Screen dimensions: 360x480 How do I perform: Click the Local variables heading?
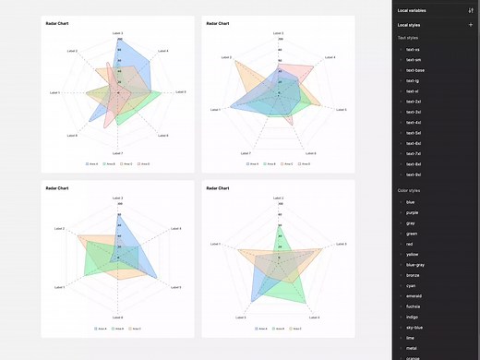pyautogui.click(x=413, y=9)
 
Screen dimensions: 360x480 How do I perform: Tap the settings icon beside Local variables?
pyautogui.click(x=471, y=9)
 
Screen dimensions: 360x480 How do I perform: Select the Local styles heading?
pyautogui.click(x=410, y=24)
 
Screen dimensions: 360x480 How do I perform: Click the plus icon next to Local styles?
pyautogui.click(x=471, y=24)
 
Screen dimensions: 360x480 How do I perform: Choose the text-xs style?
pyautogui.click(x=413, y=49)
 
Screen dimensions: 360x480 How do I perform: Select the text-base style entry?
pyautogui.click(x=414, y=70)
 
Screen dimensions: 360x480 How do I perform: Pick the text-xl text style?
pyautogui.click(x=412, y=91)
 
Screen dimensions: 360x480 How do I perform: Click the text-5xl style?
pyautogui.click(x=414, y=133)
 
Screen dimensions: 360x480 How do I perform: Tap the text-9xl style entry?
pyautogui.click(x=414, y=174)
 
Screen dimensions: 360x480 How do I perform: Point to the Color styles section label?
pyautogui.click(x=409, y=190)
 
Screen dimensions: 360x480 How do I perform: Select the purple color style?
pyautogui.click(x=412, y=212)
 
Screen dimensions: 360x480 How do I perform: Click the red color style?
pyautogui.click(x=410, y=244)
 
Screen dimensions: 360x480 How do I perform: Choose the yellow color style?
pyautogui.click(x=412, y=254)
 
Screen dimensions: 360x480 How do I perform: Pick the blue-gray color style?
pyautogui.click(x=414, y=265)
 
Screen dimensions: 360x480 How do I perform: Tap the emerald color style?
pyautogui.click(x=414, y=295)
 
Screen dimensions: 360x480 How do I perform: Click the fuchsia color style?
pyautogui.click(x=413, y=306)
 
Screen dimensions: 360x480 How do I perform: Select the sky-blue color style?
pyautogui.click(x=414, y=327)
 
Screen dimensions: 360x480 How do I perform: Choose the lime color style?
pyautogui.click(x=410, y=337)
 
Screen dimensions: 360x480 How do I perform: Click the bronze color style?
pyautogui.click(x=413, y=275)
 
